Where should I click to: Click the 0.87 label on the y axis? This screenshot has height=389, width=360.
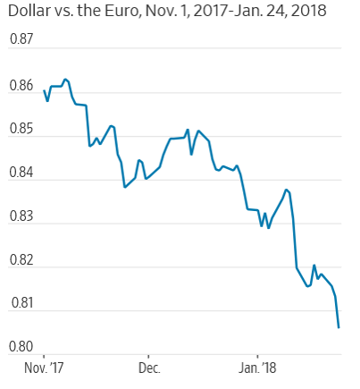21,39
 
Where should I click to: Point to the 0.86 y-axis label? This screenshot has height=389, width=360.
21,86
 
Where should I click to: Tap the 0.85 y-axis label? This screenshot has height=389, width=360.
21,129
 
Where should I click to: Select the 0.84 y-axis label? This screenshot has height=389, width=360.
21,173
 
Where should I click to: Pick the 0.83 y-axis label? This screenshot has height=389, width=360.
21,216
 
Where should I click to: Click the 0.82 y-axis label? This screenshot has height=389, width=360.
21,260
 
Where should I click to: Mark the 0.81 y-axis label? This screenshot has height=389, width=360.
22,303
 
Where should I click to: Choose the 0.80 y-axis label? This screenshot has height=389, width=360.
21,347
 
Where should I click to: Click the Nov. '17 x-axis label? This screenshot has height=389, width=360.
44,368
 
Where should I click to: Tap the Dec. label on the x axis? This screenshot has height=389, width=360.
149,368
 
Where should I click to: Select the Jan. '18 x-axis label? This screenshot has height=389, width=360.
257,368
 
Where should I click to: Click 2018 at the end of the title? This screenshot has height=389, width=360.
309,11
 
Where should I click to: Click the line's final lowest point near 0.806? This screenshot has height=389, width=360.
339,328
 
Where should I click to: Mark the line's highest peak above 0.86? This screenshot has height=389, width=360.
65,79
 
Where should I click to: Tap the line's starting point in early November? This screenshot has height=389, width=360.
44,90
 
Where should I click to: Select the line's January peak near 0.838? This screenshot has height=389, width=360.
286,190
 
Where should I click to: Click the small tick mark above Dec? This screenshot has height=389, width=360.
148,356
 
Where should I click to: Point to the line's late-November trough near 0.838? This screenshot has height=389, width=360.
125,187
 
